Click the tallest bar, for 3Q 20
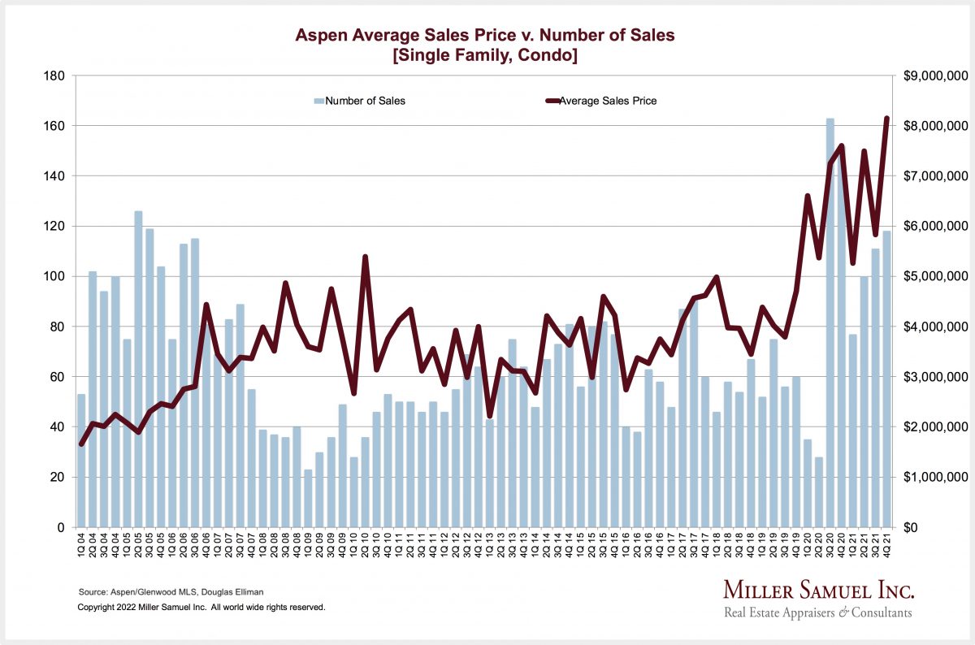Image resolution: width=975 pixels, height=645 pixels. (830, 325)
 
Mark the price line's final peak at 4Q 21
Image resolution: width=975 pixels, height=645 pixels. (886, 119)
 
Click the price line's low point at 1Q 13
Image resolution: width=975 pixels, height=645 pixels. (489, 417)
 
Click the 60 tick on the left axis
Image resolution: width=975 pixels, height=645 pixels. (59, 377)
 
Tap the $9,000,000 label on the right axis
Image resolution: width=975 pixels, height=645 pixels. (934, 76)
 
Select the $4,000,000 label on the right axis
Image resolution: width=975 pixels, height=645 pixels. (934, 327)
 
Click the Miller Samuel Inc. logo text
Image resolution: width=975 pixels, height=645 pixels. (818, 591)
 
